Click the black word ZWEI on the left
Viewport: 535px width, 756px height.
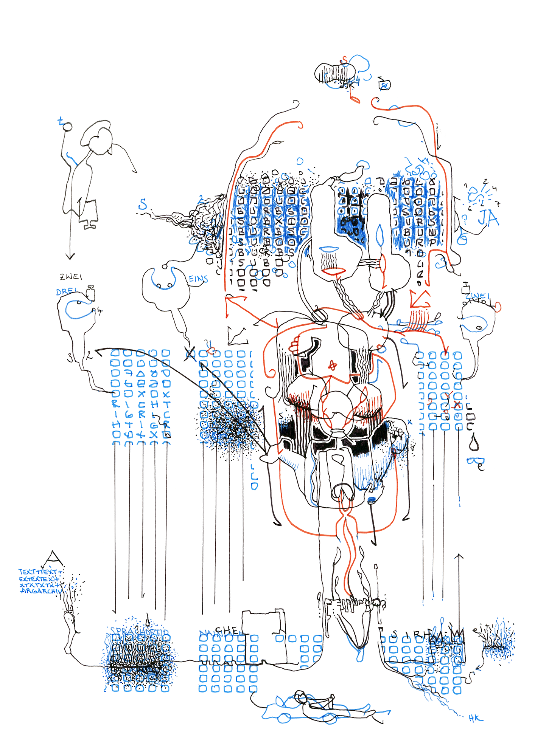[x=71, y=277]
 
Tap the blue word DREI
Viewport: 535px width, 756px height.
[x=66, y=292]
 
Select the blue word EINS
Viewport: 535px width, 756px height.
[x=198, y=279]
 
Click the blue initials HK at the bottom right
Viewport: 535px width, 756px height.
[x=476, y=718]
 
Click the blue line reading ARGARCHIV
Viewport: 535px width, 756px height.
[x=40, y=591]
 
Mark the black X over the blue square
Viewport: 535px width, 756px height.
[x=190, y=353]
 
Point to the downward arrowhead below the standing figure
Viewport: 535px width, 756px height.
[x=70, y=257]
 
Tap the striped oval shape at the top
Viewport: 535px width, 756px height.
[x=334, y=73]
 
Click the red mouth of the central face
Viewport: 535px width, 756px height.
[x=333, y=271]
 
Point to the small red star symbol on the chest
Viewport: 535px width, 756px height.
[x=333, y=365]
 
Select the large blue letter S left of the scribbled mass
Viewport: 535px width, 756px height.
[x=143, y=204]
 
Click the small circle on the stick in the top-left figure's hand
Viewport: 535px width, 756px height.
[x=68, y=127]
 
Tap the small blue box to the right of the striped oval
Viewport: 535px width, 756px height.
[x=385, y=85]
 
